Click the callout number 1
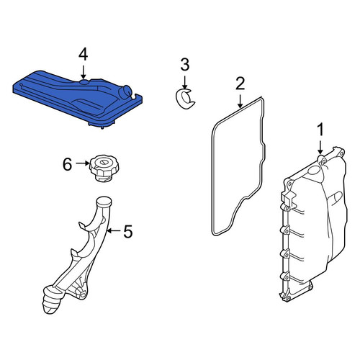(x=320, y=130)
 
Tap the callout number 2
(x=240, y=84)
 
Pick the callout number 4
(x=83, y=54)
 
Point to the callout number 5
(x=128, y=231)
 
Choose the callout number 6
(x=67, y=164)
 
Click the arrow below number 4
(x=83, y=72)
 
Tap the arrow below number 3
(x=184, y=83)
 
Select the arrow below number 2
(x=240, y=101)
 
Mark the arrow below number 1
(x=320, y=148)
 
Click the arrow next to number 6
(x=83, y=163)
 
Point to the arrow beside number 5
(x=114, y=230)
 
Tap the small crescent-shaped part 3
(x=184, y=99)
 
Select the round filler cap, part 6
(x=104, y=168)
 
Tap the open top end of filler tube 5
(x=104, y=201)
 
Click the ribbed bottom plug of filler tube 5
(x=51, y=300)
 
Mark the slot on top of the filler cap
(x=104, y=162)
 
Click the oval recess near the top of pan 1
(x=313, y=170)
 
